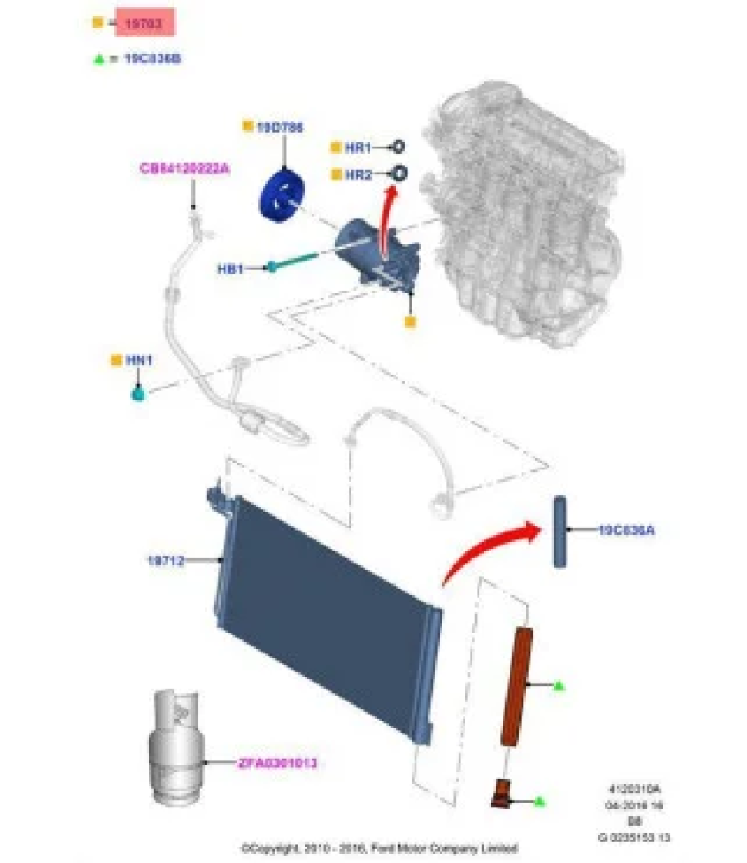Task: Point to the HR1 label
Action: click(357, 148)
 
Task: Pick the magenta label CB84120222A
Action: click(184, 168)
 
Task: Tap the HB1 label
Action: click(230, 268)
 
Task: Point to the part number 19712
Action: click(166, 561)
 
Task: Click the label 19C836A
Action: click(626, 531)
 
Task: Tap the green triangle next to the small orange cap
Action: click(539, 803)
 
